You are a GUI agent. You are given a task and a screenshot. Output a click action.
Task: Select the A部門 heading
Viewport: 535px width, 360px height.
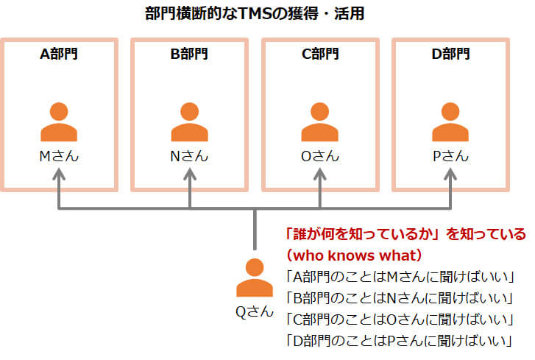60,54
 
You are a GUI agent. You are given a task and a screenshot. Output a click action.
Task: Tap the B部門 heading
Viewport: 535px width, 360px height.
190,54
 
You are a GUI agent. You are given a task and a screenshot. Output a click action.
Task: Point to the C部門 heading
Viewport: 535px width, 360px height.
320,54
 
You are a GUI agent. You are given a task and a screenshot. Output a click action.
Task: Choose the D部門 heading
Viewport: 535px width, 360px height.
450,54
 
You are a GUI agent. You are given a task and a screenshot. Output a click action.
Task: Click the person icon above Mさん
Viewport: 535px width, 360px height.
60,122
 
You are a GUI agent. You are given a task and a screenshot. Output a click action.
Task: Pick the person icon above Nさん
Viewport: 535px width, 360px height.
190,122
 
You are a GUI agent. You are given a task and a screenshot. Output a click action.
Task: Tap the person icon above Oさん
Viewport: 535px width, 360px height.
320,122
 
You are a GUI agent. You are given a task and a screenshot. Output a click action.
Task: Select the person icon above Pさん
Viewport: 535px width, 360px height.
450,122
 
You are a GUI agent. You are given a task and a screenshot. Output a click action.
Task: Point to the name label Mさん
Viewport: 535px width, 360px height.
60,156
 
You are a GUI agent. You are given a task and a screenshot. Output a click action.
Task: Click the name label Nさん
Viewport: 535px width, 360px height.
190,156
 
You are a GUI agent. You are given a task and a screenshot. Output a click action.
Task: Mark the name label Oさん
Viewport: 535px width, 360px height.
320,156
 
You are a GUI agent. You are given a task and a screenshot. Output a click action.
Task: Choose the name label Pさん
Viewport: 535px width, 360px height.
450,156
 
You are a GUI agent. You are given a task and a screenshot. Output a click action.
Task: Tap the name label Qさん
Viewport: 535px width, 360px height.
254,311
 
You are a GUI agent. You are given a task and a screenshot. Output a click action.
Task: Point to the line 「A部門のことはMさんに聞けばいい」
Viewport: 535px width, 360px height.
398,277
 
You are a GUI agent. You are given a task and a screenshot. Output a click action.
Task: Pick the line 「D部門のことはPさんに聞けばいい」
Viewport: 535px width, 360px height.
398,341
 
